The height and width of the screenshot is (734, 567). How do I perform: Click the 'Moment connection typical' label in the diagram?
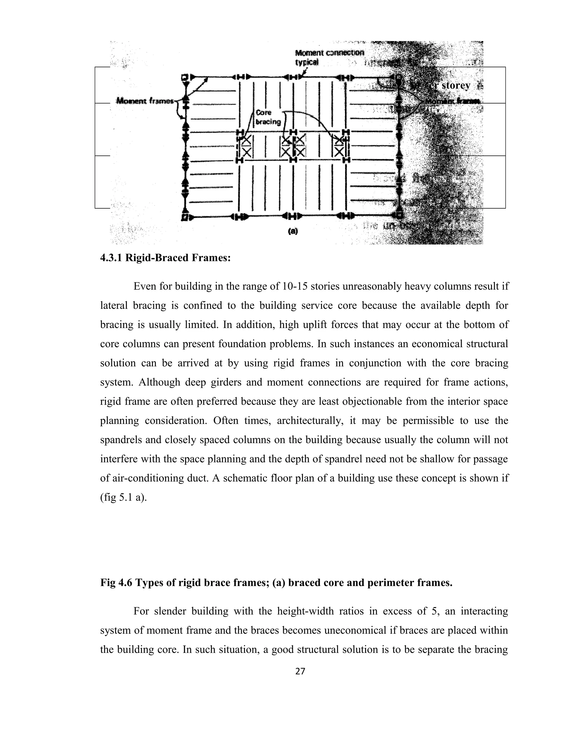[x=329, y=57]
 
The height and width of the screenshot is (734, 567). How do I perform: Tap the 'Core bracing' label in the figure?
[x=268, y=117]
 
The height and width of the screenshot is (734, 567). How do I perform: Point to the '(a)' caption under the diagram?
[x=293, y=231]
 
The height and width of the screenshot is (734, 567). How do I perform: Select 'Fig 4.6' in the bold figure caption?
[x=117, y=582]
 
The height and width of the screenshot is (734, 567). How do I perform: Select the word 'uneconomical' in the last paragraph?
[x=355, y=630]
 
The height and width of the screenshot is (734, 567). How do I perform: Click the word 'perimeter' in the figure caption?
[x=390, y=582]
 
